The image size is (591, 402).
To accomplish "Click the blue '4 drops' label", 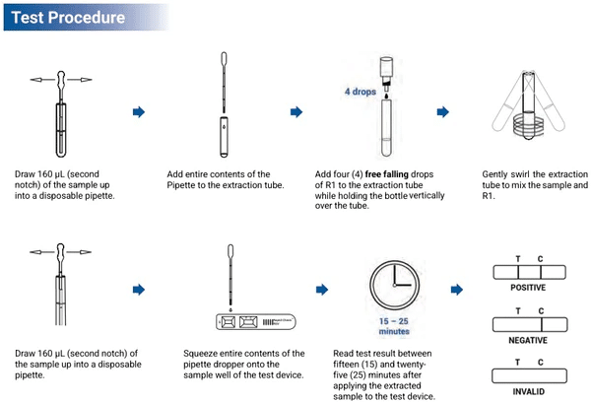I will coord(361,92).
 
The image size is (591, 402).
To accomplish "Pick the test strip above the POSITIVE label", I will coord(528,272).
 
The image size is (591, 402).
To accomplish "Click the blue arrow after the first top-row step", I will coord(139,111).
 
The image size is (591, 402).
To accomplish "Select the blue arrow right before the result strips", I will coord(456,290).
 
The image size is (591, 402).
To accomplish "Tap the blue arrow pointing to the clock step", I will coord(320,290).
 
